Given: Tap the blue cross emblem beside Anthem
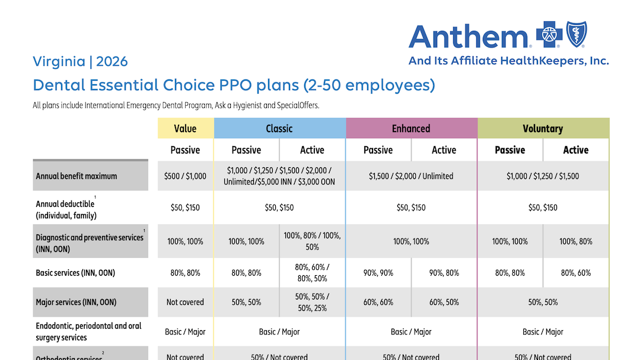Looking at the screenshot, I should pos(549,34).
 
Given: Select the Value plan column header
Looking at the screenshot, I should pos(185,129).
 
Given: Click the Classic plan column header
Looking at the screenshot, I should pos(279,129).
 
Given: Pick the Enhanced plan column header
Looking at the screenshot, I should pos(411,129).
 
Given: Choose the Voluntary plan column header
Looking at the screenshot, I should pos(543,129).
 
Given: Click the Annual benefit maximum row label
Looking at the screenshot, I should pos(77,176).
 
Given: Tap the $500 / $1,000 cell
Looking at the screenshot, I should pos(185,176).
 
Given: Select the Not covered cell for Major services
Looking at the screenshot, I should pos(185,302).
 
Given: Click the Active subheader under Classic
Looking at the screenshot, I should pos(312,150).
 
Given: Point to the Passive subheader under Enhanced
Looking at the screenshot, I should pos(378,150).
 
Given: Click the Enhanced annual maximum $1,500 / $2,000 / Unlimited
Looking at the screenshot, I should pos(411,176).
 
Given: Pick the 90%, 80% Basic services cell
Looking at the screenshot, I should pos(444,273).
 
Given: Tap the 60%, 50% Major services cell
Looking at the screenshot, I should pos(444,302).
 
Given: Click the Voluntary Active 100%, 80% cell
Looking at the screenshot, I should pos(576,241).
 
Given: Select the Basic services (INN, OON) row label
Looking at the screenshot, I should pos(75,273).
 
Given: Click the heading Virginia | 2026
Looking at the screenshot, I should pos(80,62).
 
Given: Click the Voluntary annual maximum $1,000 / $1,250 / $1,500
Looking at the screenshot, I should pos(543,176).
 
